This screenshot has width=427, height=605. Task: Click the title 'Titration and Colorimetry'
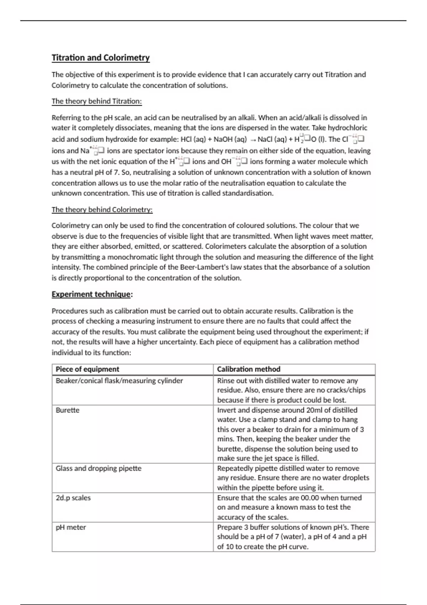point(101,58)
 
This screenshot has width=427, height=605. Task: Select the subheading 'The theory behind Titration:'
point(96,101)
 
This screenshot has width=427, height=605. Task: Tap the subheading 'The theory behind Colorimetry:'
point(102,210)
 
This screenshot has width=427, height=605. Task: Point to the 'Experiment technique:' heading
point(92,294)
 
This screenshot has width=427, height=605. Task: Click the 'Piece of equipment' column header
point(87,369)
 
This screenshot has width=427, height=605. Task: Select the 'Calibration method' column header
point(249,369)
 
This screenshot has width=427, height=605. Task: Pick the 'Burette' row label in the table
point(68,410)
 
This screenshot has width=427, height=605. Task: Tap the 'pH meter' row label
point(71,527)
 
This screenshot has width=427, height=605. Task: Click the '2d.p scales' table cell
point(73,498)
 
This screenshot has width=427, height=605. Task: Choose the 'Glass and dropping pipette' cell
point(99,468)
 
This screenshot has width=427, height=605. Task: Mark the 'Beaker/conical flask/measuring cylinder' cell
point(119,380)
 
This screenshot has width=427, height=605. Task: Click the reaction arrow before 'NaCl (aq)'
point(252,140)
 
